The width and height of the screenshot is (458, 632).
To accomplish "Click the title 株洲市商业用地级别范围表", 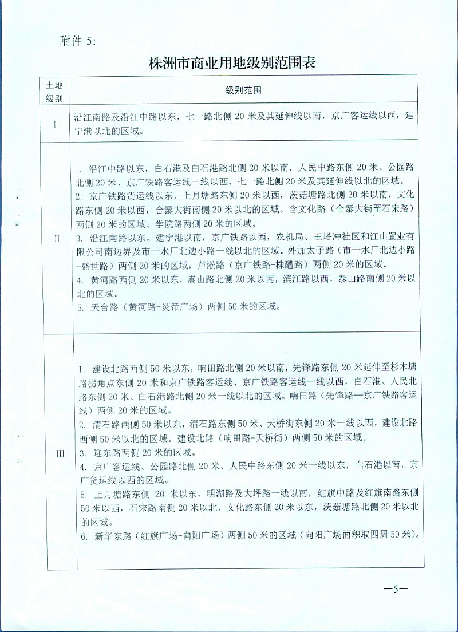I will (232, 63).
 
